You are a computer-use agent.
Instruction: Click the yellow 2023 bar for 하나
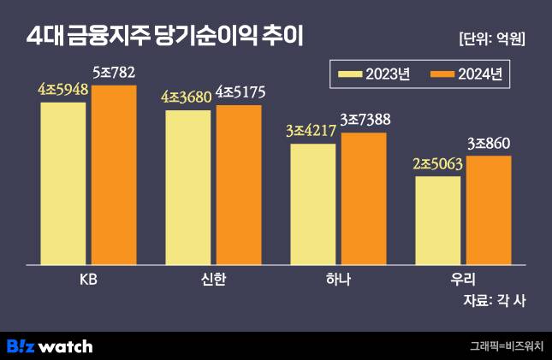[x=312, y=203]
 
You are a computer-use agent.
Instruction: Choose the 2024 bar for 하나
[x=364, y=197]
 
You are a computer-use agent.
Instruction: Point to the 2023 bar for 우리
[x=437, y=219]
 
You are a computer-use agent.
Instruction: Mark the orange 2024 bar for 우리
[x=489, y=209]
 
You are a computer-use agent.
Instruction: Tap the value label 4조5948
[x=62, y=89]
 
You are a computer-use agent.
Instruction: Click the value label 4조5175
[x=239, y=92]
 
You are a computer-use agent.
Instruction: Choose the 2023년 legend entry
[x=375, y=74]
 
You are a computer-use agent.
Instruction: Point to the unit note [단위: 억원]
[x=492, y=38]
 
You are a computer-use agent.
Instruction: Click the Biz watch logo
[x=50, y=345]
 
